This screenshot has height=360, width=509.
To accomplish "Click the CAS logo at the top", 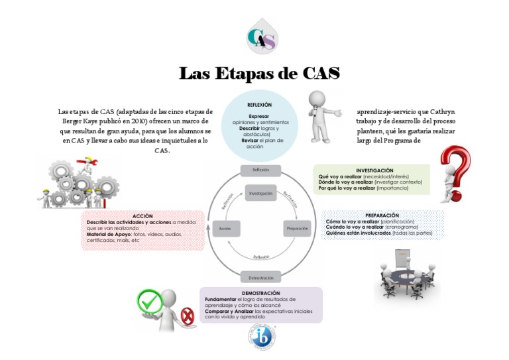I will point(261,36).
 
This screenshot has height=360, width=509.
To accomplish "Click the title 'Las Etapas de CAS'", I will point(259,73).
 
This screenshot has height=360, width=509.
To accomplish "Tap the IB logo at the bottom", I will point(261,337).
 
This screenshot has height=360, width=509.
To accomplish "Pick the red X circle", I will point(188,317).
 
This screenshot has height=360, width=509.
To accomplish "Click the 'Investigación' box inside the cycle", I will point(260,193).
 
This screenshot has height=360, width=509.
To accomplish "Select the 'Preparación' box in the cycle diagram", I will point(297,228).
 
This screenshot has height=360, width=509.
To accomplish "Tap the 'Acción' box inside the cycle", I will point(224,228).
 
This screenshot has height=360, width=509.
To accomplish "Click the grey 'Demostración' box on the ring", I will point(260,277).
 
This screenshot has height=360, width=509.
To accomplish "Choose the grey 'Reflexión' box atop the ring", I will point(260,170).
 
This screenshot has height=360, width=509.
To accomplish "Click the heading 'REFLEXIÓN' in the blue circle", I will point(259,105).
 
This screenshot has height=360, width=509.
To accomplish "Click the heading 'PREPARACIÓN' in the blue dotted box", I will point(382,215).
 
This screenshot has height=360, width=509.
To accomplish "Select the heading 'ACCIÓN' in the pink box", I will point(142,216).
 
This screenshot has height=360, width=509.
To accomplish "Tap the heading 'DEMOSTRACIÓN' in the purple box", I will point(260,292).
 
